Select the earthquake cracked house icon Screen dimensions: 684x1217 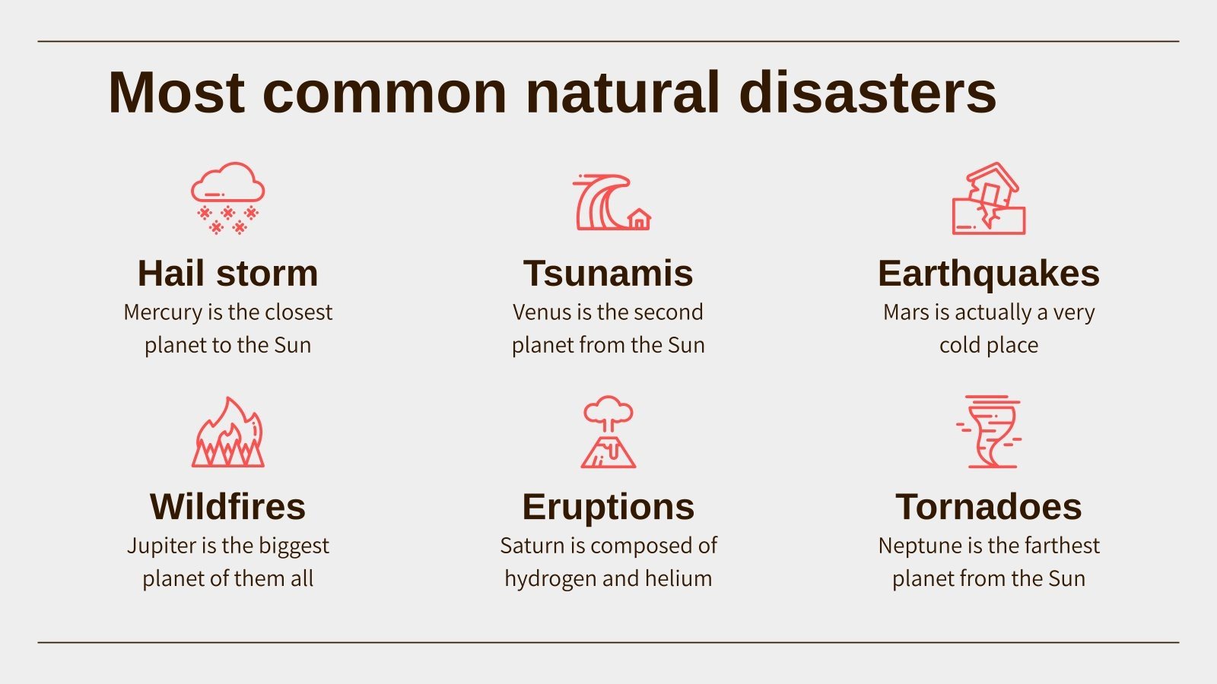tap(988, 198)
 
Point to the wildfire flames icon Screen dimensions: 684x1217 tap(227, 432)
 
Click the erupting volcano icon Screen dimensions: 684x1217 tap(608, 432)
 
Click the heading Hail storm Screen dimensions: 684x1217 tap(227, 274)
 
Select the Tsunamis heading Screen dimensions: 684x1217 tap(608, 274)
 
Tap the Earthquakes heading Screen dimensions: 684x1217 tap(988, 274)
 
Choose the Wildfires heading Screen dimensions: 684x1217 tap(227, 507)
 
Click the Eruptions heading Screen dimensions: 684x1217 tap(608, 507)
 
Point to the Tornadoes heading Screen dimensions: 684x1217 tap(988, 507)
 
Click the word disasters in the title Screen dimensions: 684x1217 tap(867, 93)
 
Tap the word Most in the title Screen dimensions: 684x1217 tap(176, 93)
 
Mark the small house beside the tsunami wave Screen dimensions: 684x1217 tap(639, 220)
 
